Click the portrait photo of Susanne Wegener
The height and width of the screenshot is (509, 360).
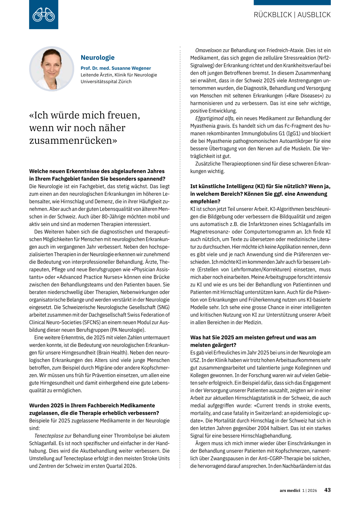[x=52, y=69]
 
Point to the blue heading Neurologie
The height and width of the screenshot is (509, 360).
[x=97, y=58]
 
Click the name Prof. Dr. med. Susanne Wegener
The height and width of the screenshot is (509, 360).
[x=116, y=68]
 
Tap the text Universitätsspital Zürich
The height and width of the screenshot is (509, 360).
[x=106, y=82]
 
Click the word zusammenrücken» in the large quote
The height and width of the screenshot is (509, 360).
[x=73, y=140]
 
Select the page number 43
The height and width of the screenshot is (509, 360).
[x=327, y=490]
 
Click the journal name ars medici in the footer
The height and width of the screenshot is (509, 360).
[x=290, y=490]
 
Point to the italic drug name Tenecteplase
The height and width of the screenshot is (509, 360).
[x=49, y=436]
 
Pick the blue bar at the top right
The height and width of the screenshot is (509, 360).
[x=292, y=2]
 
